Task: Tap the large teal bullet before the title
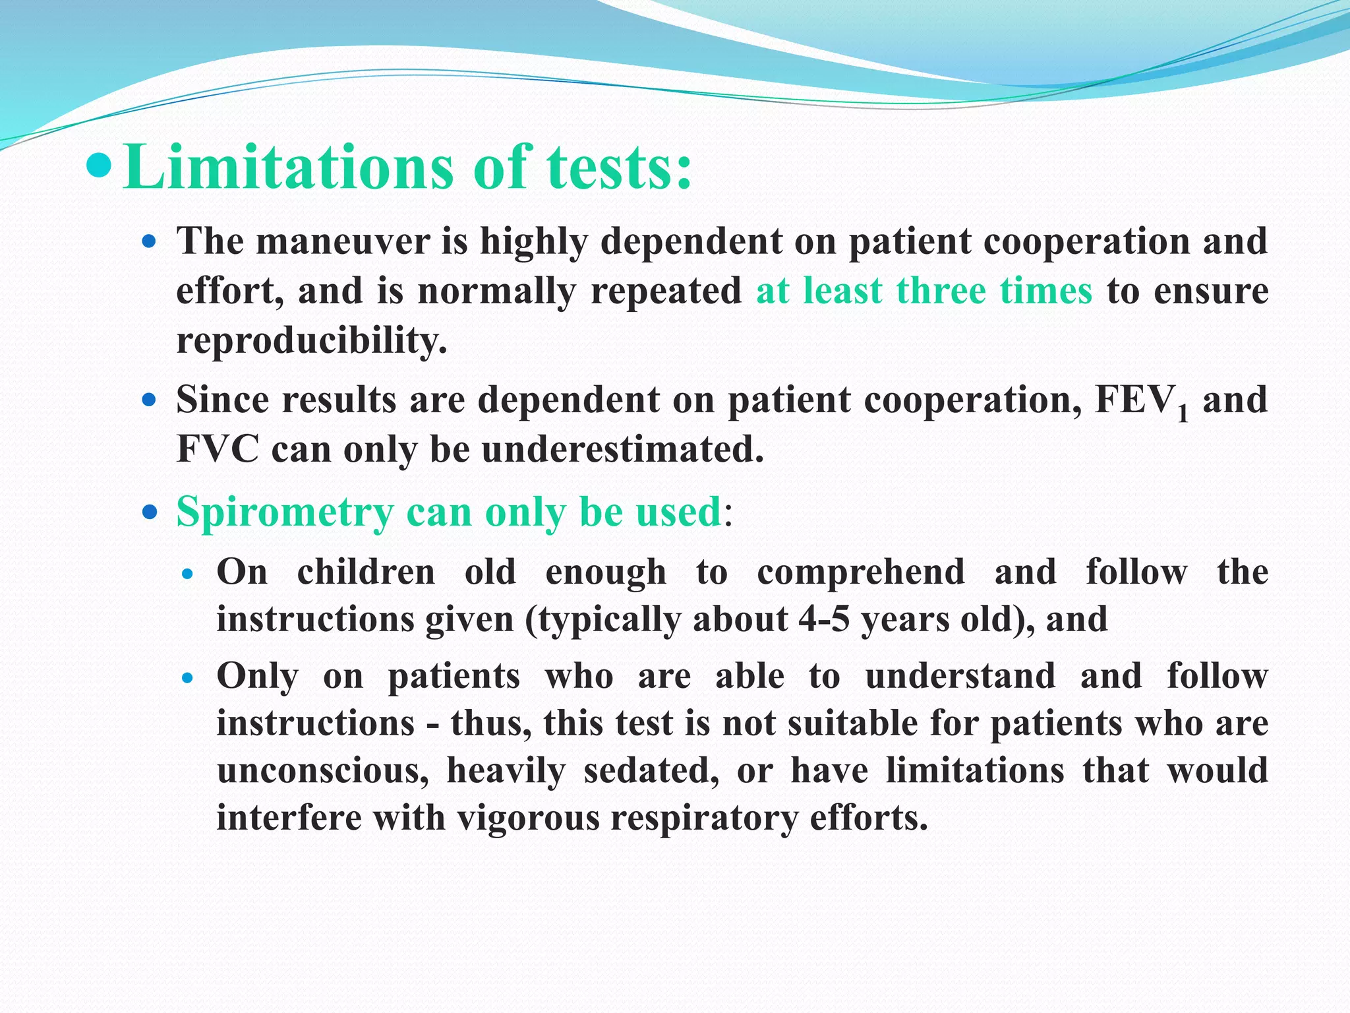click(x=101, y=166)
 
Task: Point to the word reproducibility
click(x=311, y=341)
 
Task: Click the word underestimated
click(x=622, y=450)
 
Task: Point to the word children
click(x=366, y=571)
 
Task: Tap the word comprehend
click(x=860, y=571)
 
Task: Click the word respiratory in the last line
click(x=705, y=818)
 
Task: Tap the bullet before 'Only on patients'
click(x=188, y=677)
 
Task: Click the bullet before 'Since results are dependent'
click(x=150, y=400)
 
